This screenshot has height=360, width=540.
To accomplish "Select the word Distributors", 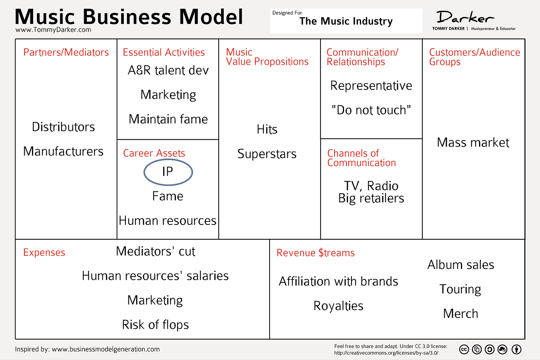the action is pos(63,127).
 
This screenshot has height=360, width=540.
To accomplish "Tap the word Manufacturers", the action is pos(63,151).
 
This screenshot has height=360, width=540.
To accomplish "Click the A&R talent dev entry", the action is pos(168,70).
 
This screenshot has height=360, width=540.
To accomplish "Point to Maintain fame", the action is pos(168,119).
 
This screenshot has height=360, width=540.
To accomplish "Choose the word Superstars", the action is pos(267,154).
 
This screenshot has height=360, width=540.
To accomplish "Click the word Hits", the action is pos(267,129).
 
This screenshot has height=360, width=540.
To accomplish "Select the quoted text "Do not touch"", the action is pos(371,110).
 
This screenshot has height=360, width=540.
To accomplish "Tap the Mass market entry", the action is pos(473,142).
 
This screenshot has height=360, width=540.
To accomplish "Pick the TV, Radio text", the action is pos(371,186).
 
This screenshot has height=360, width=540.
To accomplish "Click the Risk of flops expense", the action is pos(155,325).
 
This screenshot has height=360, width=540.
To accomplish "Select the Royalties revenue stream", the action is pos(338,306).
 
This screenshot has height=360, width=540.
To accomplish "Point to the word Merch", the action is pos(461,313).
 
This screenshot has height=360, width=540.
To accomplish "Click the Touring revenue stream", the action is pos(460,289).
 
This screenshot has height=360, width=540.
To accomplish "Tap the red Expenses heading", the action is pos(44,252).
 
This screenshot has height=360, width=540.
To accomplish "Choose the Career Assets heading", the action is pos(154,153).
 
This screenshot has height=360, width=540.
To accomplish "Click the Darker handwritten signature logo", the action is pos(465,17).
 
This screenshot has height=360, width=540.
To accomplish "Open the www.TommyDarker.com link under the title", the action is pos(53,30).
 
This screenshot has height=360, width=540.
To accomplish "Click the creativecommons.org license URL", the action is pos(386,353).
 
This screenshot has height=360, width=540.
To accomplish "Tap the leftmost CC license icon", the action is pos(464,350).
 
